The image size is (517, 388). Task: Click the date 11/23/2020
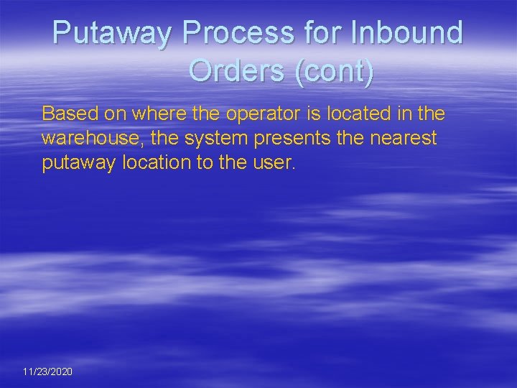[47, 371]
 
